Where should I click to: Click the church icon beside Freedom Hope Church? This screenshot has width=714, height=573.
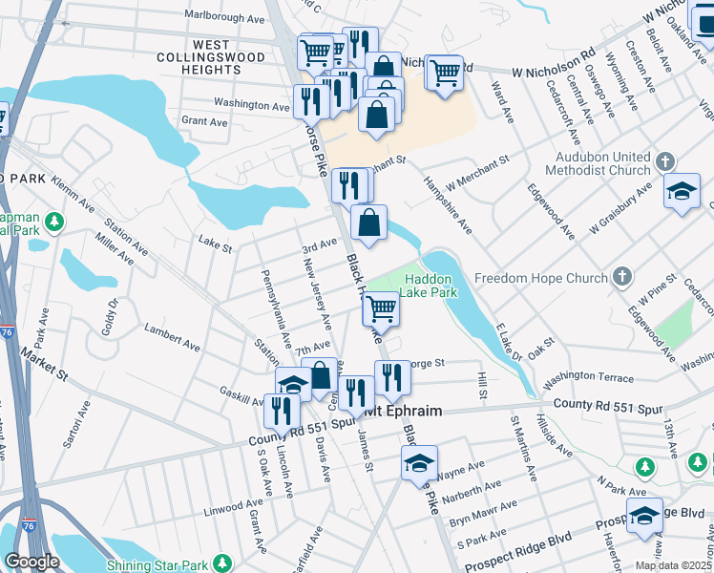[622, 278]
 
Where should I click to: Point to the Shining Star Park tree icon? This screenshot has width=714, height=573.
[222, 563]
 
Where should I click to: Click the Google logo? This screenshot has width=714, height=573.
[31, 562]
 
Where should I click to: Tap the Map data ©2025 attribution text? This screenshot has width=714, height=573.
[673, 565]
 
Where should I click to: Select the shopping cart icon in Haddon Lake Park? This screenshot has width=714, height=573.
[381, 308]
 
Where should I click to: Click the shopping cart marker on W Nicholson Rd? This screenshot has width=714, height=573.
[444, 72]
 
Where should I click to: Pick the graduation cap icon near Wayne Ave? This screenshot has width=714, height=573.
[419, 462]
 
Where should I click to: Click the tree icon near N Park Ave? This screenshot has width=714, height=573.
[646, 466]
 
